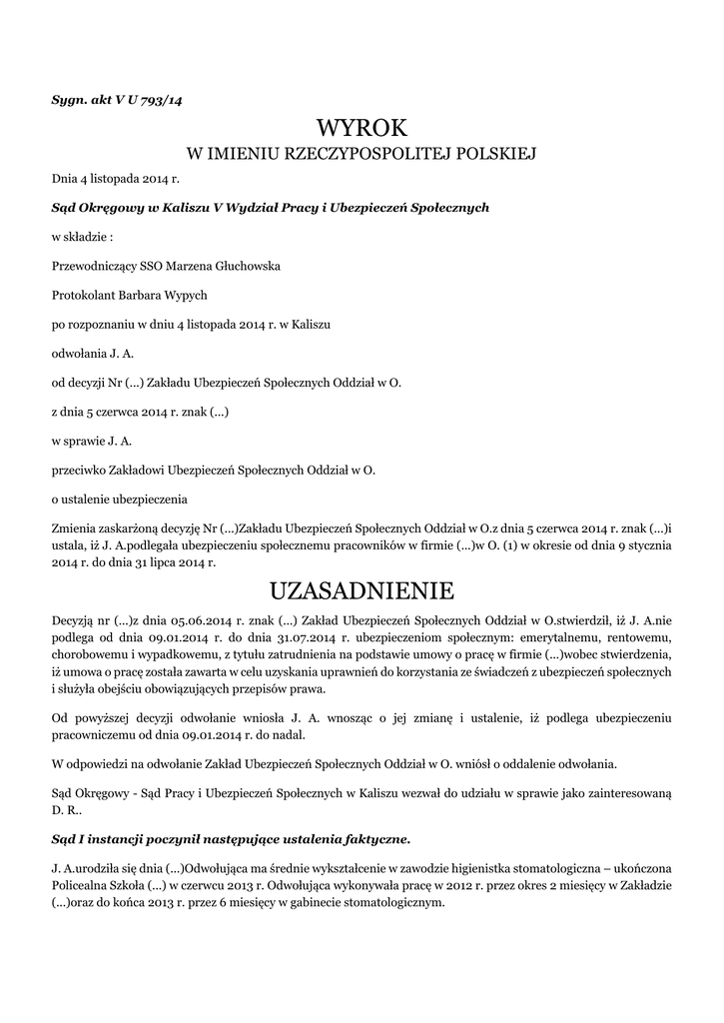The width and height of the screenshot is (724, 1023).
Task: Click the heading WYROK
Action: [362, 128]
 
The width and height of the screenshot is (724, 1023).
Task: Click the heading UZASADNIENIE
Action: [362, 586]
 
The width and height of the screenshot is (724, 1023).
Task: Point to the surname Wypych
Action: [185, 295]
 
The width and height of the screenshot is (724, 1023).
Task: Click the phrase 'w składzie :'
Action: [82, 237]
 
